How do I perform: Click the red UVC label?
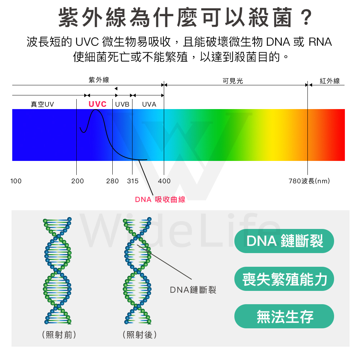click(98, 104)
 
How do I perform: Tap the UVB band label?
click(122, 104)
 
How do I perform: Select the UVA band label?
click(149, 104)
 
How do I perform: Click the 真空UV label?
click(42, 104)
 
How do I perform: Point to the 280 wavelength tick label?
click(112, 181)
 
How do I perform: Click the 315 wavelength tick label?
click(133, 181)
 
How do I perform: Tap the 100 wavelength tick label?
click(16, 181)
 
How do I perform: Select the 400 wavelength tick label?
click(165, 181)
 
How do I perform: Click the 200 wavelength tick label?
click(77, 181)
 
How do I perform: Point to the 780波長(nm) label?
click(309, 181)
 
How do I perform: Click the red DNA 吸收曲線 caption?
click(160, 199)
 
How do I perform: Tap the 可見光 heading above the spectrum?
click(233, 81)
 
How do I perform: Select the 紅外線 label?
click(330, 81)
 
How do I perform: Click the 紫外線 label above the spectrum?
click(99, 80)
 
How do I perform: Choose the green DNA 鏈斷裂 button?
click(284, 241)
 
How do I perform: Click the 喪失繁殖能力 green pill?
click(284, 279)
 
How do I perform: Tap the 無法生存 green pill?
click(284, 316)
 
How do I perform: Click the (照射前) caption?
click(59, 335)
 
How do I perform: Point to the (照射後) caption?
click(140, 335)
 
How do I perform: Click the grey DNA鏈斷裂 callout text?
click(193, 290)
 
